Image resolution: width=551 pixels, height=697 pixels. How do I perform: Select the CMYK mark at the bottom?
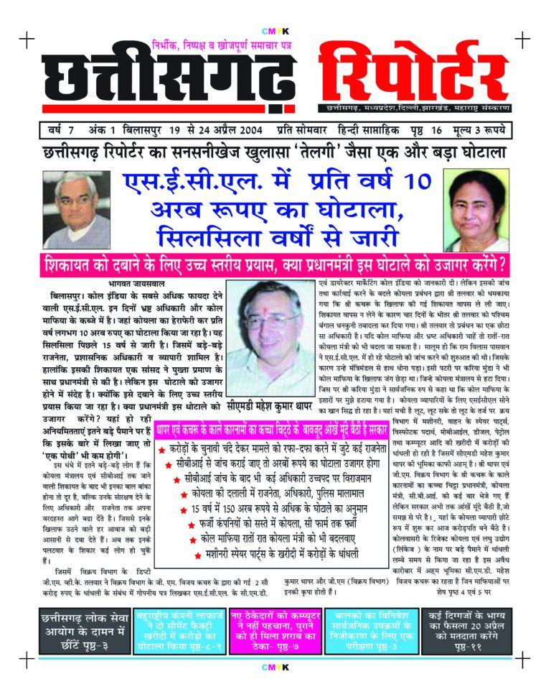(275, 668)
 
